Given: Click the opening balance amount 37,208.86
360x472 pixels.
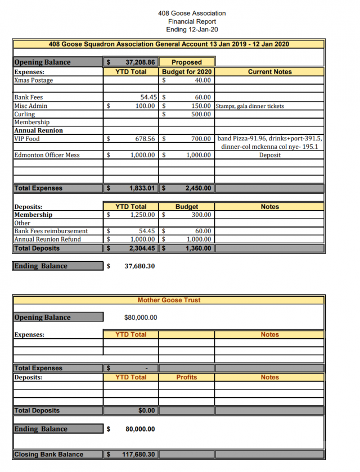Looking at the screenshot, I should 140,62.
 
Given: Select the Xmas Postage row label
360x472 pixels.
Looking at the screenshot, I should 34,80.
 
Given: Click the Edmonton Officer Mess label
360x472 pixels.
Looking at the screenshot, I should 47,155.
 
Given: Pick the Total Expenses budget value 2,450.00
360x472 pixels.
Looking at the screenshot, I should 198,188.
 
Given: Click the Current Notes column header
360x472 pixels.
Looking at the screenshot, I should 269,72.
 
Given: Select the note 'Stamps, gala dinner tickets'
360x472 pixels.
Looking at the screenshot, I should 250,106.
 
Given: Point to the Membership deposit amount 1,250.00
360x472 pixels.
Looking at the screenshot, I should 142,215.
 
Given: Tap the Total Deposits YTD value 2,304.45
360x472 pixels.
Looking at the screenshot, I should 142,248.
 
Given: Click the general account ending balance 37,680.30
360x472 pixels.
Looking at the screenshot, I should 139,266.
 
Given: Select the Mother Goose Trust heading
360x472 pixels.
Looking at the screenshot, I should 169,300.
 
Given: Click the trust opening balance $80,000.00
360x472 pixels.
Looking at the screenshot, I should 141,317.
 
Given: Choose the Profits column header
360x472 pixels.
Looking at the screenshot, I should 186,377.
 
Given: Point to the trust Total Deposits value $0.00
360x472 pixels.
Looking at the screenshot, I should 146,411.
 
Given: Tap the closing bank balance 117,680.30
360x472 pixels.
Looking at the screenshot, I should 138,455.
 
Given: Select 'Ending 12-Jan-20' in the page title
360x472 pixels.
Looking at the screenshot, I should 192,29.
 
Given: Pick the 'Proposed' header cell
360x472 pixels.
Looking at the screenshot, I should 186,62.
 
